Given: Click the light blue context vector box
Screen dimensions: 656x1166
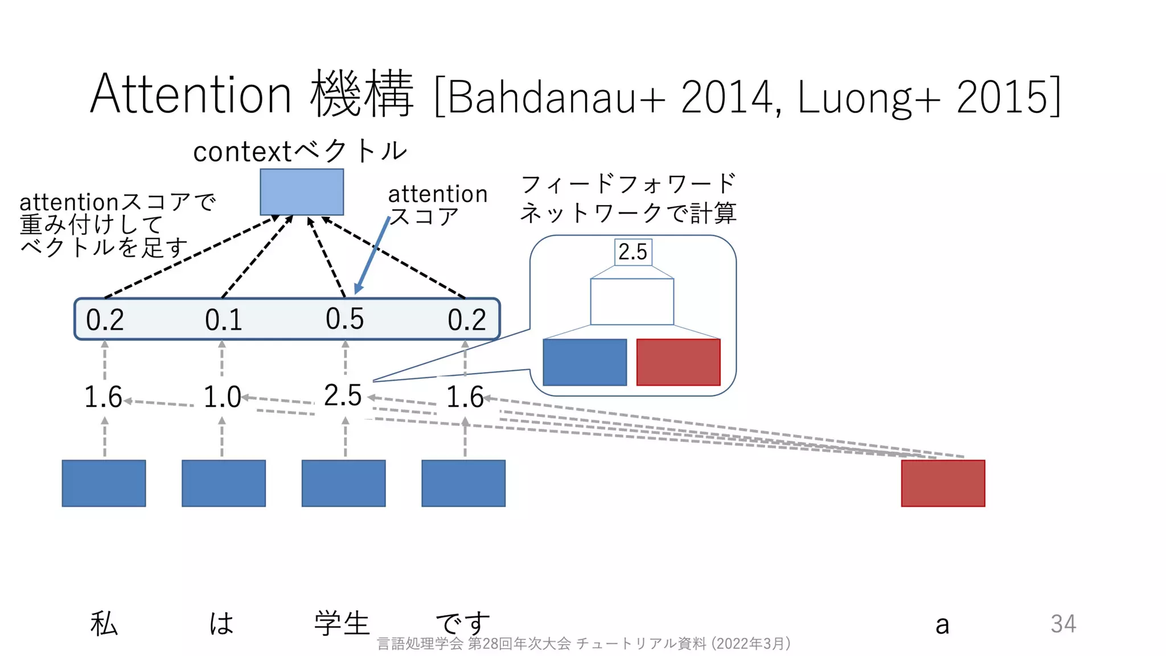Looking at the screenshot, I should click(302, 192).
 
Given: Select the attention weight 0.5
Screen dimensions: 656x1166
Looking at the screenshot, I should click(344, 319).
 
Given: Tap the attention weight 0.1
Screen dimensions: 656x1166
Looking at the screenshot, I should click(223, 320).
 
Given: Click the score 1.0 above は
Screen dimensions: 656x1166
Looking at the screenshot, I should click(222, 397).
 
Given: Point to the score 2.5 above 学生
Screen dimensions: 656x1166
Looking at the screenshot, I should click(343, 396).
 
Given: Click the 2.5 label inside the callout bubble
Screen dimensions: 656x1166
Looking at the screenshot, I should click(633, 252).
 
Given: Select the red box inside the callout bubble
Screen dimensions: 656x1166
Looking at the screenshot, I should click(678, 362).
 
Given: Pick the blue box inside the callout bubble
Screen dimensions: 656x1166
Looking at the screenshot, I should click(585, 362).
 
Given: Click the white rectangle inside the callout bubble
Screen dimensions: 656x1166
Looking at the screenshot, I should click(632, 302).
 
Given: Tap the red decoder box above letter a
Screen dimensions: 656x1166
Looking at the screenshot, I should click(943, 483).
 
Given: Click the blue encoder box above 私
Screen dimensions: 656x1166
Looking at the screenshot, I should click(104, 483).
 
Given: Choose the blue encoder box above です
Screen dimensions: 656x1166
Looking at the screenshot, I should click(463, 483).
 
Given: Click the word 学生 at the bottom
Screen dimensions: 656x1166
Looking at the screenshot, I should click(342, 623).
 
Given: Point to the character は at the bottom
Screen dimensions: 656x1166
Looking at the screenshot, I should click(221, 623).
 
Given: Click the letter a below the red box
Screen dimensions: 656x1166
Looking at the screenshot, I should click(942, 625).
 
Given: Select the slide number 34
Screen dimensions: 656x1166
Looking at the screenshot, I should click(1063, 624).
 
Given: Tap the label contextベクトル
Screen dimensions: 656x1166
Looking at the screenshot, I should click(300, 151).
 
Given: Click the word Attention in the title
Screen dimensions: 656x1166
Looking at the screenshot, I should click(191, 95).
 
